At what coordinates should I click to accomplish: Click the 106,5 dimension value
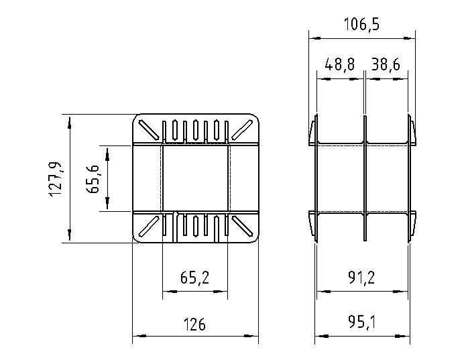tap(361, 24)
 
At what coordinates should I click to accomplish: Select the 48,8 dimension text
tap(339, 64)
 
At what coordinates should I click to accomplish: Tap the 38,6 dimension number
tap(386, 64)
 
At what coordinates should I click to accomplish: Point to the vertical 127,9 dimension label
tap(56, 178)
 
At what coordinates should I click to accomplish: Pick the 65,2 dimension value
tap(194, 278)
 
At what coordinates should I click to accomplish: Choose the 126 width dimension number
tap(194, 324)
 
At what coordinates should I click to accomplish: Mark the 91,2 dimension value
tap(361, 278)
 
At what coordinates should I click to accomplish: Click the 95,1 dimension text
tap(361, 322)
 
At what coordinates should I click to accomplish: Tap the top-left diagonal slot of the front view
tap(148, 130)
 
